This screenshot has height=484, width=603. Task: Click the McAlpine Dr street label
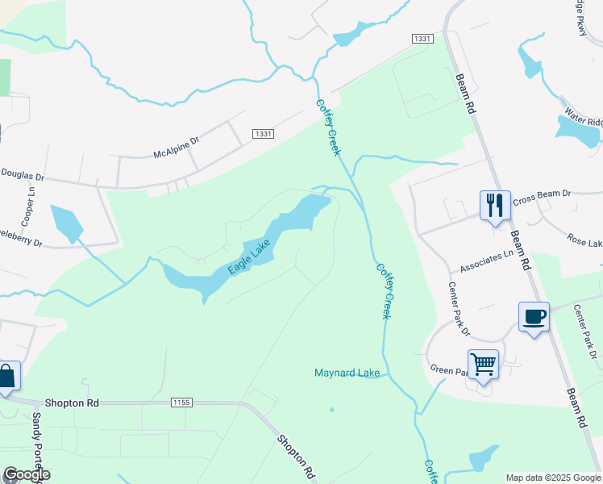click(176, 147)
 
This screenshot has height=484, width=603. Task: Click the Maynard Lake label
click(347, 373)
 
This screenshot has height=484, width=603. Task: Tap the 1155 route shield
click(182, 402)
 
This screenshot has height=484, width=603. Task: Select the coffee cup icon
click(534, 315)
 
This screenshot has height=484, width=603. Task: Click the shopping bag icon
click(6, 377)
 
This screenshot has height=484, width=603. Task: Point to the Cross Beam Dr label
click(541, 194)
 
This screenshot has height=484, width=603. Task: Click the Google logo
click(26, 474)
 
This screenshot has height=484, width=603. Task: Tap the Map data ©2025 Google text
click(553, 478)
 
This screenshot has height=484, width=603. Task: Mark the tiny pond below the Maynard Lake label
click(332, 409)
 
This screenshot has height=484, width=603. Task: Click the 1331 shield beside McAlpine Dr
click(262, 134)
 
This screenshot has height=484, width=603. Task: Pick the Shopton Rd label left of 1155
click(72, 402)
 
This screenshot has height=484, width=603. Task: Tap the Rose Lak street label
click(584, 240)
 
